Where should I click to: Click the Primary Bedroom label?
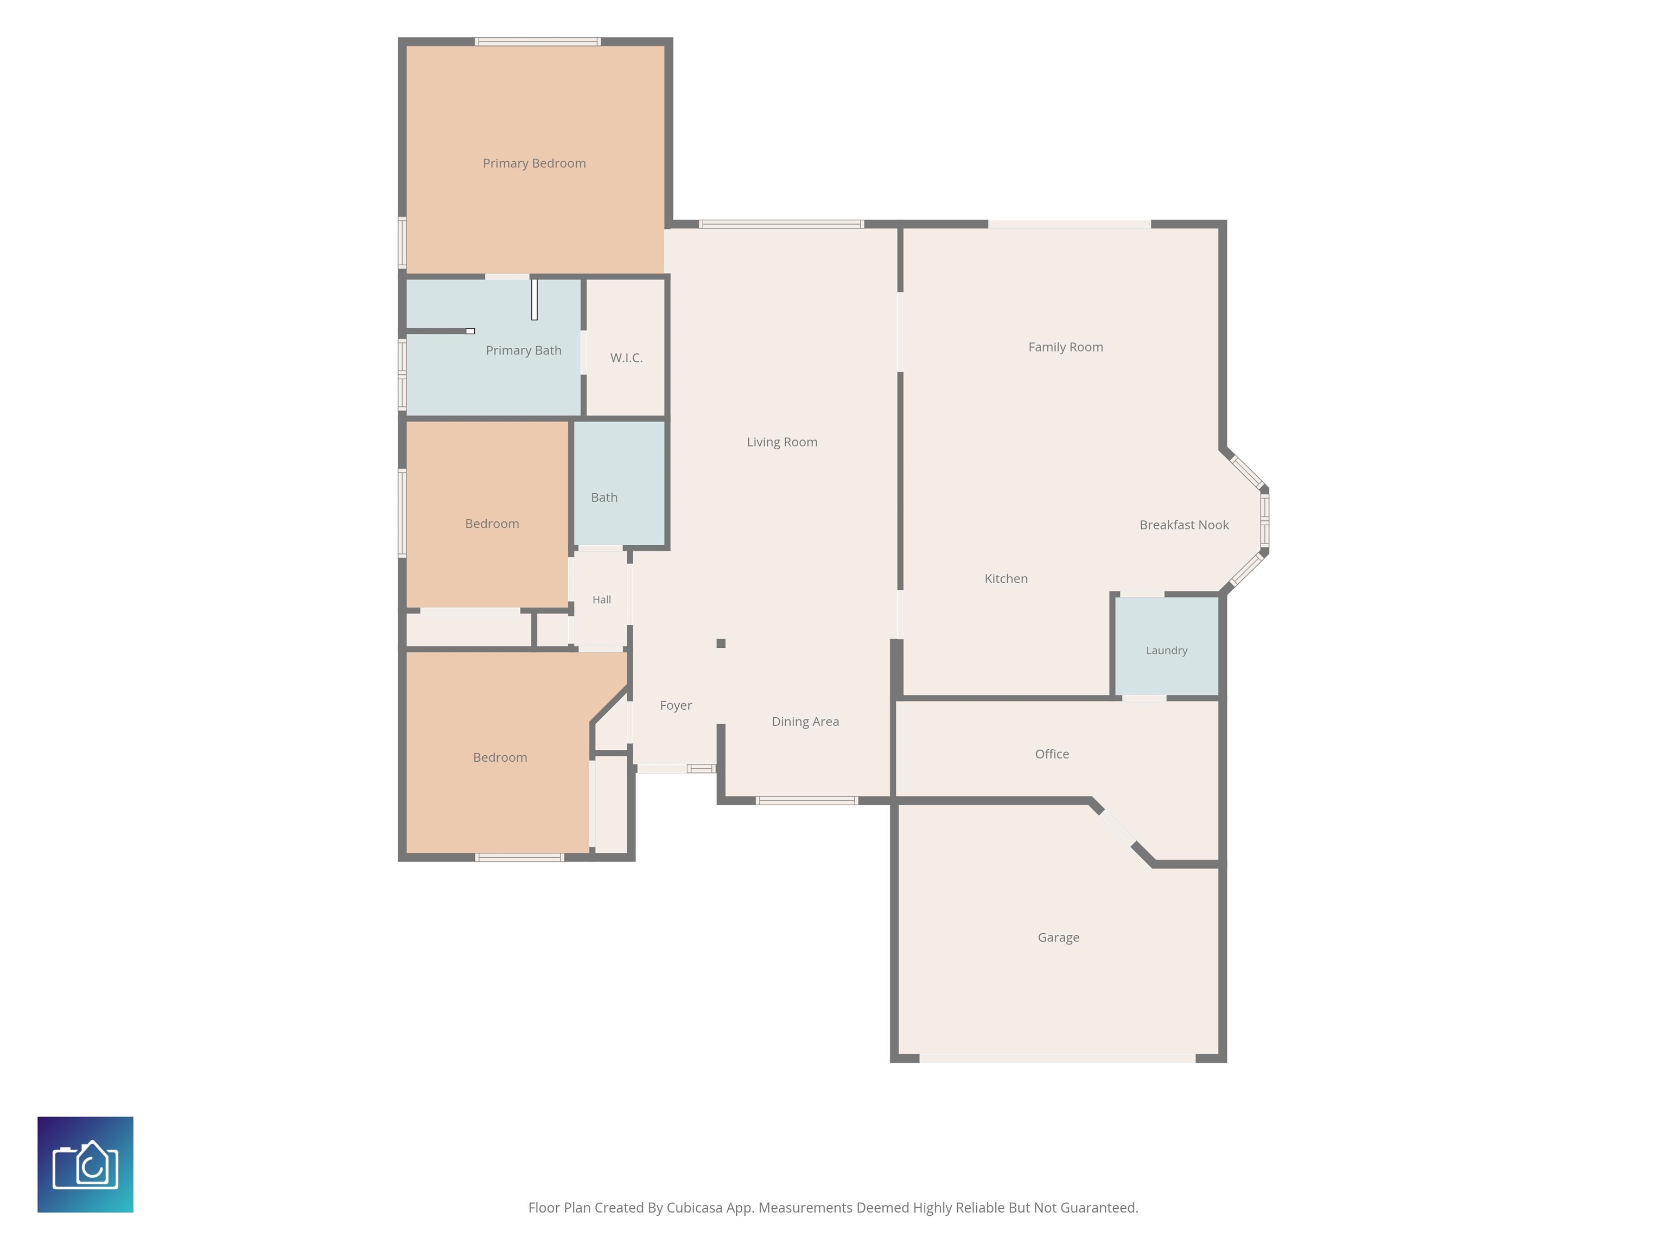click(x=535, y=163)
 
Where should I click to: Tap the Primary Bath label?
click(x=524, y=350)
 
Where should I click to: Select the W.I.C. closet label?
click(x=626, y=358)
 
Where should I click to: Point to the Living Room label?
click(x=782, y=442)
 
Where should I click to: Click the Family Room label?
click(x=1066, y=347)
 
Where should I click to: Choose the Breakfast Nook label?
click(x=1184, y=525)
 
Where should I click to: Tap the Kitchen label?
click(x=1006, y=579)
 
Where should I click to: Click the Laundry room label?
click(x=1167, y=650)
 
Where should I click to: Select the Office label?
click(x=1052, y=754)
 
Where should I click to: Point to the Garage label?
click(x=1059, y=937)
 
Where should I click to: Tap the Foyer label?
click(x=676, y=705)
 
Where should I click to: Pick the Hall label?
click(x=601, y=600)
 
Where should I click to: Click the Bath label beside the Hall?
click(x=605, y=498)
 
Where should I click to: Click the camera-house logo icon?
click(x=85, y=1164)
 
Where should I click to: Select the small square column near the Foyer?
click(x=721, y=643)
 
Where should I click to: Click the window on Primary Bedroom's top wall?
click(x=537, y=41)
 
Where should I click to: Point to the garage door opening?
click(x=1057, y=1058)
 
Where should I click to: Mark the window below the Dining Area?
click(x=807, y=800)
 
